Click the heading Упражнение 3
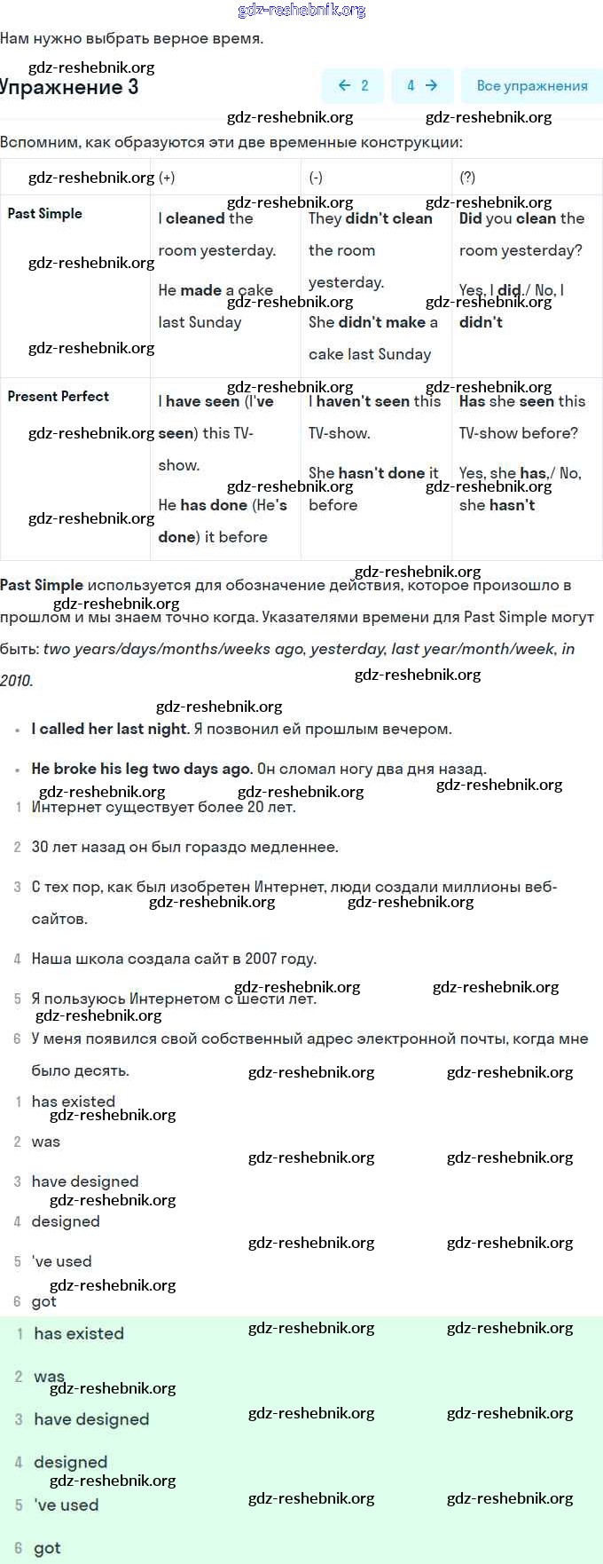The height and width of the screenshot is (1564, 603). pos(69,87)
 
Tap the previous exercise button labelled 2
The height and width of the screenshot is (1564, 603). pos(353,86)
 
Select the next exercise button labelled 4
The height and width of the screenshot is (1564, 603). pos(422,86)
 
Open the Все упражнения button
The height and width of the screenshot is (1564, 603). pos(531,86)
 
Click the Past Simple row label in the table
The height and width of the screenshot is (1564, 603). pos(45,214)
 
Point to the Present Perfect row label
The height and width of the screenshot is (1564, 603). pos(59,397)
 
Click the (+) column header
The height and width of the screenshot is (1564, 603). pos(167,178)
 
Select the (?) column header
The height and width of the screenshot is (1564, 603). pos(467,178)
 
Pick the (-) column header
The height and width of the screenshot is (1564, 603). pos(316,178)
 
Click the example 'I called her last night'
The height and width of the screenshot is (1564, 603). pos(110,729)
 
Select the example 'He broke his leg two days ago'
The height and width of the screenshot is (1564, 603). pos(142,769)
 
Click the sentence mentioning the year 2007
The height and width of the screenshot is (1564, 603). pos(174,959)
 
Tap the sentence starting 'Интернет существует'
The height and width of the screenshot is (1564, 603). pos(163,807)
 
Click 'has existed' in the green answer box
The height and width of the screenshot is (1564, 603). pos(79,1333)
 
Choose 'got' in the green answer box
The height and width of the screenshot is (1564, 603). pos(47,1548)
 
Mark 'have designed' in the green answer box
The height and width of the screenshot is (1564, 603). pos(91,1419)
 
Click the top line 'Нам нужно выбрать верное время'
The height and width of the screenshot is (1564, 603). pos(131,38)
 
